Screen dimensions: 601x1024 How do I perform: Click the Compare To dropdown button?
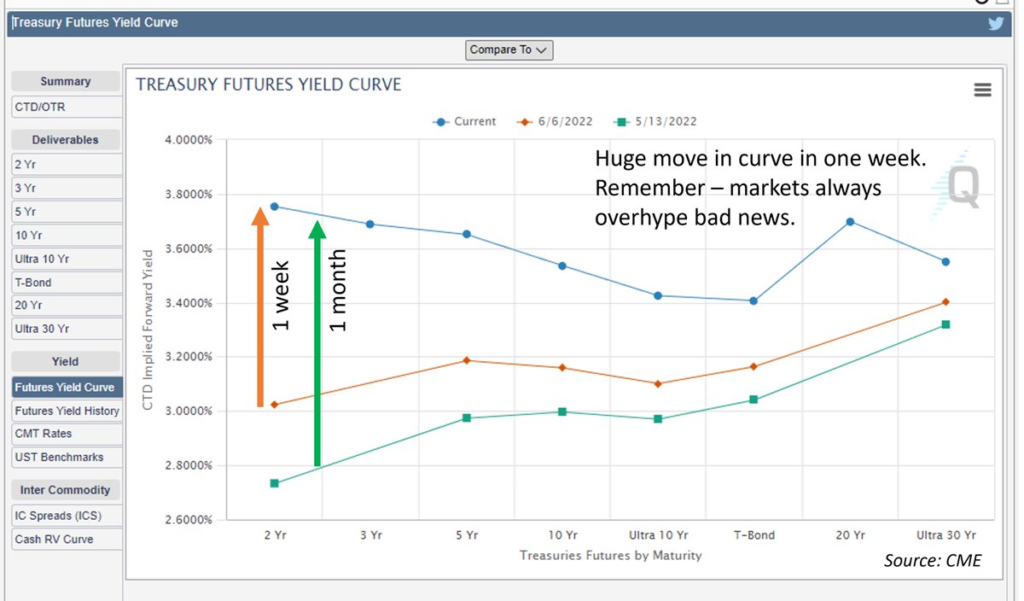coord(509,50)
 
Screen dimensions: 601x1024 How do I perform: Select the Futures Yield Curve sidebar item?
coord(65,387)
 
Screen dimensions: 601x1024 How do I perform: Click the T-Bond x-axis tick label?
coord(754,535)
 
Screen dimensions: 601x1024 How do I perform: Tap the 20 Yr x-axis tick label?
coord(849,535)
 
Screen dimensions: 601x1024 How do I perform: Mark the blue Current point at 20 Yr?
coord(850,222)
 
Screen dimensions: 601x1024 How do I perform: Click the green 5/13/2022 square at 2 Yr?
coord(275,483)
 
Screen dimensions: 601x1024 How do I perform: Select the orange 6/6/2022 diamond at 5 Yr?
coord(466,360)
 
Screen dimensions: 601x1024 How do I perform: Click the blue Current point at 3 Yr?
coord(370,224)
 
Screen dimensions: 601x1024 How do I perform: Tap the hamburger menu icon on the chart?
coord(982,90)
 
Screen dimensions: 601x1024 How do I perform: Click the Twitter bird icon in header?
coord(996,23)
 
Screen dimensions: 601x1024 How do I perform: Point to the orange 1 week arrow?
coord(260,307)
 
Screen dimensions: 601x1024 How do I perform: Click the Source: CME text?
coord(932,560)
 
